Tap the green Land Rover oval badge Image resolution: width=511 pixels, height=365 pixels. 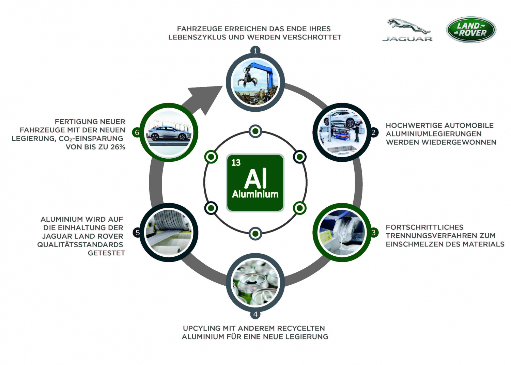(x=471, y=30)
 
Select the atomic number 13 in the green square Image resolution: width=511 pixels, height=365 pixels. (x=236, y=163)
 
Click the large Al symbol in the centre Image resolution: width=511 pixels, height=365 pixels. (x=255, y=179)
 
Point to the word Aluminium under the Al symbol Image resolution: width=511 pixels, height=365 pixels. (x=255, y=194)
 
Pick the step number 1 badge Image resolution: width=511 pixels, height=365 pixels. (x=255, y=51)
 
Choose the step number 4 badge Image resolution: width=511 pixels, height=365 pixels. (x=255, y=314)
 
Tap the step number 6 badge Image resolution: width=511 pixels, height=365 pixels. (x=137, y=132)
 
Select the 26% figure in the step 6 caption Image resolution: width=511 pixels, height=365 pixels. (x=118, y=147)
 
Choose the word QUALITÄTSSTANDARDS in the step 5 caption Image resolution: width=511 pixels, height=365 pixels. (x=80, y=244)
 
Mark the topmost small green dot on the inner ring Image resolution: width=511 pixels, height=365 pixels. (x=255, y=131)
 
